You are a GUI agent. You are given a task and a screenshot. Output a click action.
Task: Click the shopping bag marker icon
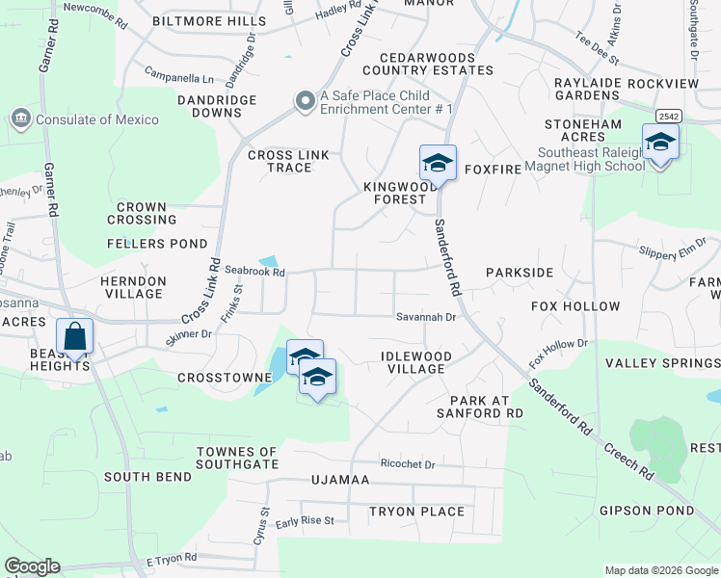click(74, 337)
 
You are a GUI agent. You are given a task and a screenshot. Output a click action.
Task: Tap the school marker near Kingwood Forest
click(437, 163)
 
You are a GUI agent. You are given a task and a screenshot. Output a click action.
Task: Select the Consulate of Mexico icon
click(20, 118)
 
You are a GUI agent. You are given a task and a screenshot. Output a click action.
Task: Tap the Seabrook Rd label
click(255, 273)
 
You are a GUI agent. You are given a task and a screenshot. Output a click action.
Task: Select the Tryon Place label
click(416, 512)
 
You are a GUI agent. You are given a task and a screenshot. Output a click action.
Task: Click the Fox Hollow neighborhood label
click(575, 306)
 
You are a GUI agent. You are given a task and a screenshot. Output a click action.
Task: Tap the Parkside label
click(520, 273)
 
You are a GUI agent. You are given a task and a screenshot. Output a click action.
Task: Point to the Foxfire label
click(492, 170)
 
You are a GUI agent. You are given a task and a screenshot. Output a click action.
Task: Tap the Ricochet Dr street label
click(409, 464)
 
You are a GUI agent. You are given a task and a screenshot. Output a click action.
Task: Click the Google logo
click(32, 566)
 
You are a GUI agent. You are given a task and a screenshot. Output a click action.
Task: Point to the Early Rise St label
click(305, 521)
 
